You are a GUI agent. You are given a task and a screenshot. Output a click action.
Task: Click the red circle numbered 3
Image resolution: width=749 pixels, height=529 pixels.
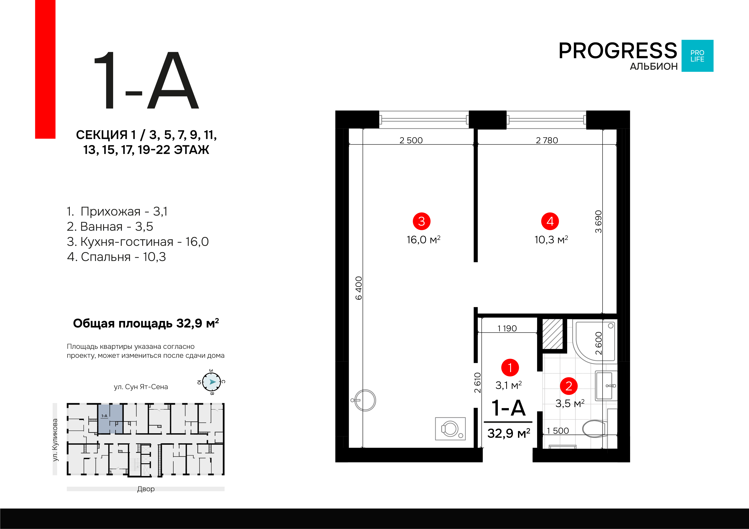(422, 221)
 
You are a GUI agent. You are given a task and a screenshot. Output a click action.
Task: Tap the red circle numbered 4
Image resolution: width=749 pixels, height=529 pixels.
(550, 221)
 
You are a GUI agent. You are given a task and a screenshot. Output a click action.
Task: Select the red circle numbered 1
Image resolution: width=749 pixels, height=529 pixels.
(510, 367)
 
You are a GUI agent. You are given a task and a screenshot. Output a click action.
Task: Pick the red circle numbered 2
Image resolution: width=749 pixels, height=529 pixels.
(569, 386)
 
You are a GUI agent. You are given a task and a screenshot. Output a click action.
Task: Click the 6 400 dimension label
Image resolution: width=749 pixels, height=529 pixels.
(359, 288)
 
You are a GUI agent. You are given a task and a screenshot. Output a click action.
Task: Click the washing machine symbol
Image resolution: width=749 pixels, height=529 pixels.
(450, 429)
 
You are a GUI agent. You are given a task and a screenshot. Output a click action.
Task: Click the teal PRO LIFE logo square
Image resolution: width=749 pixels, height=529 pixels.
(698, 56)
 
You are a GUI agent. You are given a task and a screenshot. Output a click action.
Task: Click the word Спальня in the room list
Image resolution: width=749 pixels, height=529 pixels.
(106, 257)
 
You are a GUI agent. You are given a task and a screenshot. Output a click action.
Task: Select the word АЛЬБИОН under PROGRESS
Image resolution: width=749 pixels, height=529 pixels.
(654, 67)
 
